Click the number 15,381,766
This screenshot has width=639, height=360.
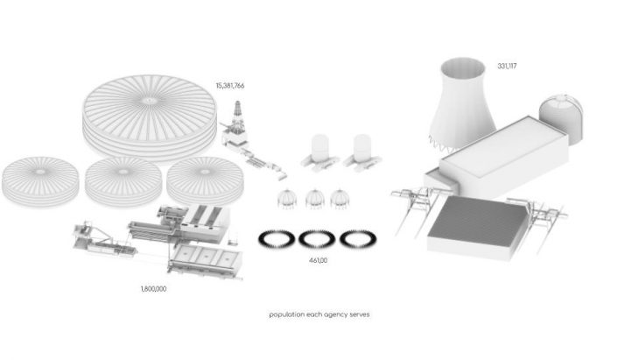[230, 86]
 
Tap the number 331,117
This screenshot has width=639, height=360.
[507, 66]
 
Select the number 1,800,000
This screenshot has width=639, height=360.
[154, 289]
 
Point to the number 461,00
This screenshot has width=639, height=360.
[318, 260]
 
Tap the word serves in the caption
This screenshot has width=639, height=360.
[360, 314]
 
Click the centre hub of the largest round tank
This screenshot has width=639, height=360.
[148, 101]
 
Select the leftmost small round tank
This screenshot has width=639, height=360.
[40, 181]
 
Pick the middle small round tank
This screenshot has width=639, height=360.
[123, 181]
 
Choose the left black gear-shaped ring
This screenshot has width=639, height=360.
[277, 239]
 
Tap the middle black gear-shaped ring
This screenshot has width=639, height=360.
[317, 239]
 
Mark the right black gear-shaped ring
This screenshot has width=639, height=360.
[358, 239]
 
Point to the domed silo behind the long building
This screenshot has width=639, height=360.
[562, 118]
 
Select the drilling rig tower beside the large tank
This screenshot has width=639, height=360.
[237, 118]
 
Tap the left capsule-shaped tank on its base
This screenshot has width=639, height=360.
[319, 152]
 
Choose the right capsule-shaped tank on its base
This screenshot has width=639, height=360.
[362, 152]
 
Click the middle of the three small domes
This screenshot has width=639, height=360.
[315, 199]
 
